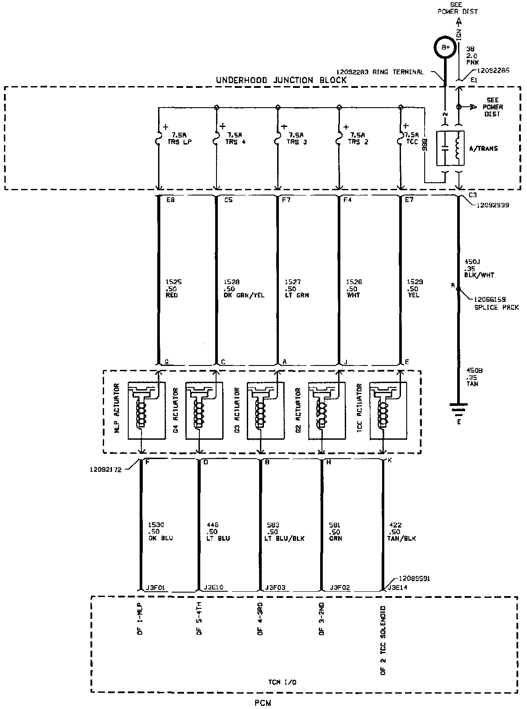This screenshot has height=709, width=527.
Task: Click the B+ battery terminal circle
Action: coord(445,47)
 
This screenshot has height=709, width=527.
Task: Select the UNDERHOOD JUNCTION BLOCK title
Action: coord(282,80)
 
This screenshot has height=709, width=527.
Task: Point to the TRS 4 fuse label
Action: coord(235,138)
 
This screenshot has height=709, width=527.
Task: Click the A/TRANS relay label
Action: coord(483,148)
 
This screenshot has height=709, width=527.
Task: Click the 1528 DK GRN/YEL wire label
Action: coord(238,289)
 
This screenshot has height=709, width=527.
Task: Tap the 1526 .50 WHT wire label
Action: coord(354,289)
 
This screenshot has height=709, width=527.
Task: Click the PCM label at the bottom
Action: coord(263,702)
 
